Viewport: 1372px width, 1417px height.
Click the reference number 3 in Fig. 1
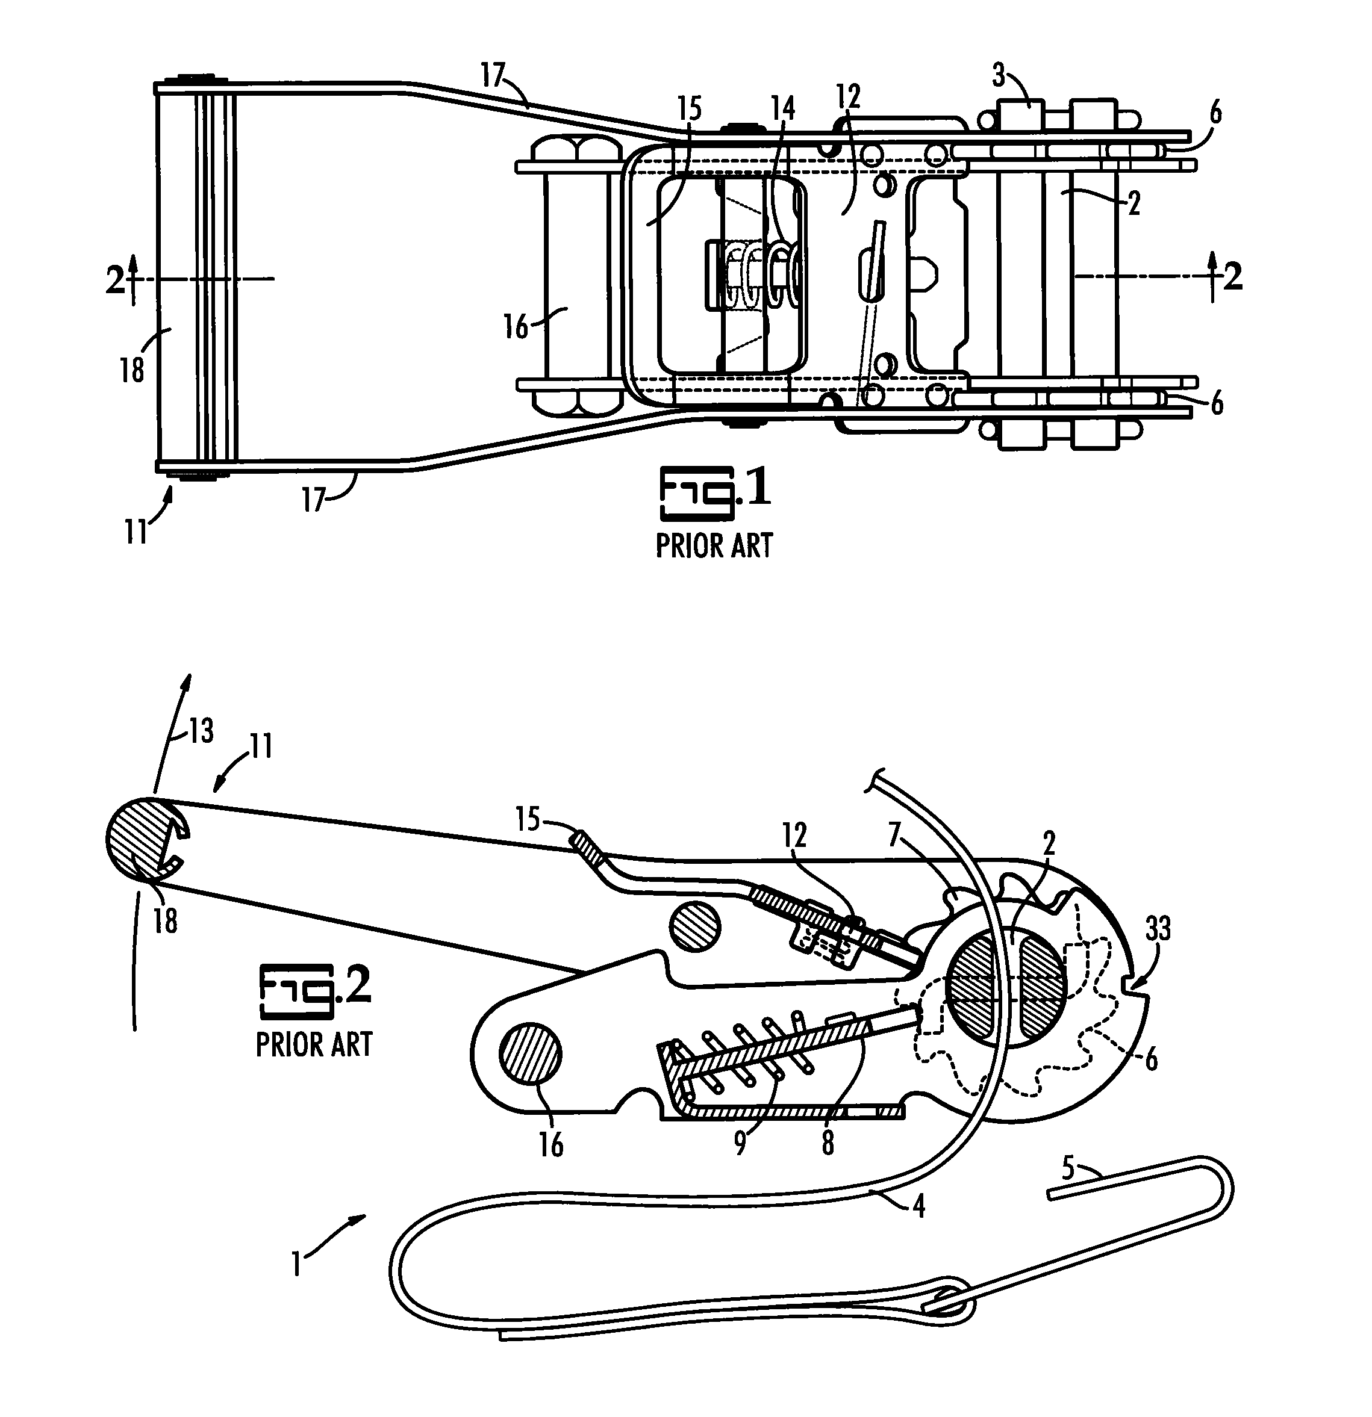click(x=998, y=76)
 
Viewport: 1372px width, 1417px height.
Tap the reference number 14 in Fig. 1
click(x=782, y=108)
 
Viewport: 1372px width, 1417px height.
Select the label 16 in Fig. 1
click(x=516, y=327)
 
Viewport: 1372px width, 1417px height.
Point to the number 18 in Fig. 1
click(x=132, y=371)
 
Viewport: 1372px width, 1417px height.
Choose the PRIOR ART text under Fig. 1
click(x=714, y=545)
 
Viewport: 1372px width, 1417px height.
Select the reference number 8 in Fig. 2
click(x=828, y=1143)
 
